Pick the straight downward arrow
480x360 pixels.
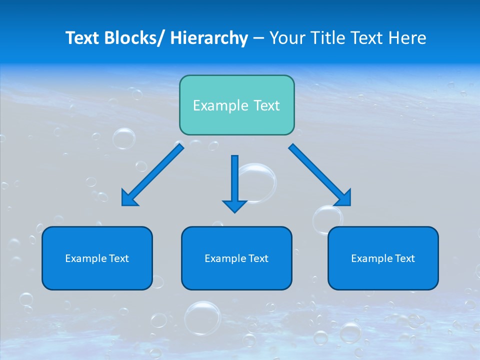tap(234, 180)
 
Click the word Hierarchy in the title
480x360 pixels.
tap(209, 38)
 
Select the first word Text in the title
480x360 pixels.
tap(83, 38)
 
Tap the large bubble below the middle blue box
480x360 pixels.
tap(202, 318)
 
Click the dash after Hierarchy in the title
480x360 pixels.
tap(259, 38)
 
